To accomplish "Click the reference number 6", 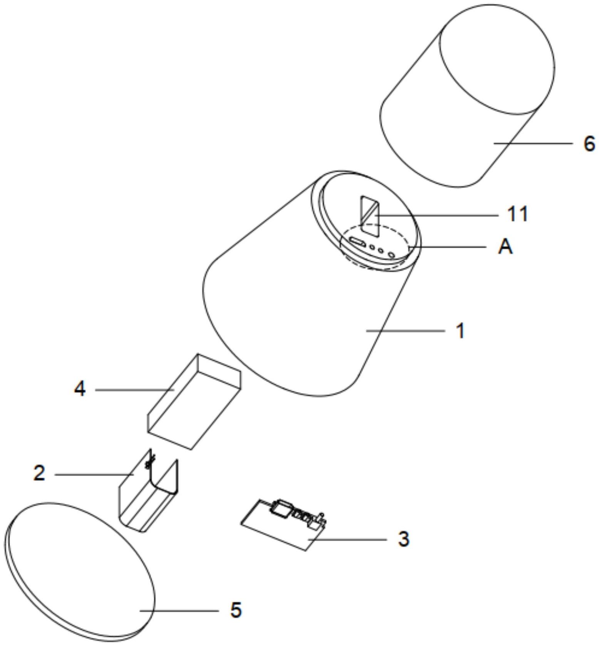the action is (589, 144).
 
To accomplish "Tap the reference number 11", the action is (517, 214).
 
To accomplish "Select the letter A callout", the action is (505, 247).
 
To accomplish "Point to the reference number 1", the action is (460, 331).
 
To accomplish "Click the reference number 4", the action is (80, 389).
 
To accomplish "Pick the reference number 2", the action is (39, 473).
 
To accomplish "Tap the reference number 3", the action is (403, 539).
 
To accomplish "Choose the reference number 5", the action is (236, 610).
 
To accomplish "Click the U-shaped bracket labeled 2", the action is (148, 497).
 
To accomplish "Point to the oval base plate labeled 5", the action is (81, 570).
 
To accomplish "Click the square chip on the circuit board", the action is (282, 508).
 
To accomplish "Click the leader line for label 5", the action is (179, 611).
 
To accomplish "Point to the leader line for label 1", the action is (404, 331).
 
